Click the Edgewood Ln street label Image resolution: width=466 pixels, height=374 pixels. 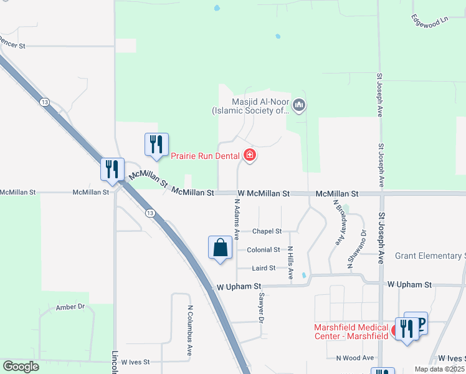430,20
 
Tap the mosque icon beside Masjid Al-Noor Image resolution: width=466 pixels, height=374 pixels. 300,106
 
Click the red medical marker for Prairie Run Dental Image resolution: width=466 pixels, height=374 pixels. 250,155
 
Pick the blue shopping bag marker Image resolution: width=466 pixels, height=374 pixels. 220,248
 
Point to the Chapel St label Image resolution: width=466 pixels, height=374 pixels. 267,231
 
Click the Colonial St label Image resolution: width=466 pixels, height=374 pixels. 264,250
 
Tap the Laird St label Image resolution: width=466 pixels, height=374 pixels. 264,268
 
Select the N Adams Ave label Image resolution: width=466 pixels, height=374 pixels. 237,219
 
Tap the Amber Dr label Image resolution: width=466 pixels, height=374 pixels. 70,307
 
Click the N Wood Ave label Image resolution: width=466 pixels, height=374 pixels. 354,358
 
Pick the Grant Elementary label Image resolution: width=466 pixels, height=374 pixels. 430,256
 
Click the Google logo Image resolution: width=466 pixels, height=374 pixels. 21,367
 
